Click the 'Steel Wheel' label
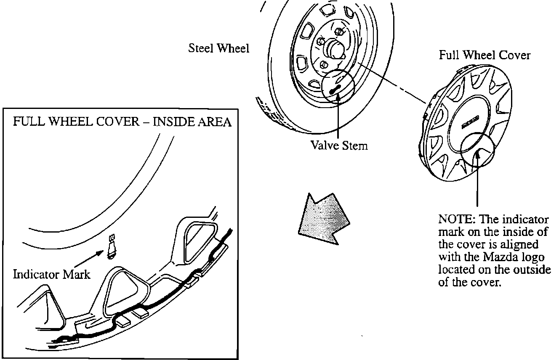point(218,48)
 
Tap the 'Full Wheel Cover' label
point(484,55)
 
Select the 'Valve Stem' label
point(339,145)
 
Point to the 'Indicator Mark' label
point(52,275)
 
